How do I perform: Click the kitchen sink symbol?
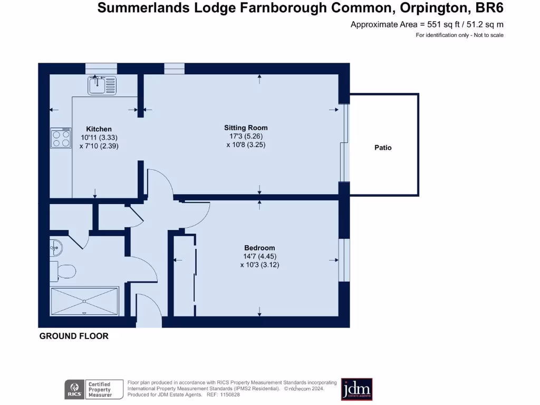[x=102, y=85]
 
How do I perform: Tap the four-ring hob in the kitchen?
[x=61, y=138]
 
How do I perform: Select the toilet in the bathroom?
[x=63, y=271]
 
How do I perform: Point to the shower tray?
[x=84, y=301]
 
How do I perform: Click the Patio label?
[x=383, y=148]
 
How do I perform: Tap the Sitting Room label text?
[x=246, y=128]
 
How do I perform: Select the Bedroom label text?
[x=259, y=248]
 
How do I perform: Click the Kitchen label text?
[x=99, y=129]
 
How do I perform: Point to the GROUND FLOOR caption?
[x=74, y=336]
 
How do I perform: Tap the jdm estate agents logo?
[x=357, y=389]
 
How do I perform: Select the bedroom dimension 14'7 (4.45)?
[x=259, y=257]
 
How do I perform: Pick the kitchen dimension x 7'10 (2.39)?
[x=99, y=146]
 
